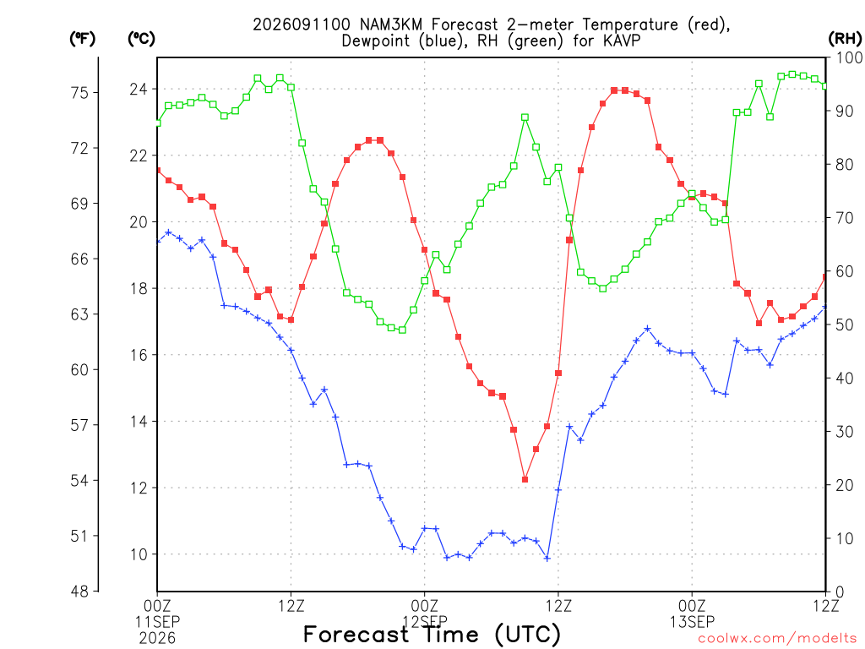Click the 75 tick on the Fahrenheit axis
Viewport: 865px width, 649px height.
[x=80, y=93]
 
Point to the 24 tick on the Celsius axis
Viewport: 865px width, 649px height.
[x=139, y=89]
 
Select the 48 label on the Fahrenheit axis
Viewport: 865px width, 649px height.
[x=80, y=592]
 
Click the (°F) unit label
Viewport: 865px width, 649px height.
[x=82, y=39]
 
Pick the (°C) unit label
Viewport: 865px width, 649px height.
[x=141, y=39]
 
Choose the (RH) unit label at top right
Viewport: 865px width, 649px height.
[x=845, y=39]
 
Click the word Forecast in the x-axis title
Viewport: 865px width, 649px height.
[x=356, y=634]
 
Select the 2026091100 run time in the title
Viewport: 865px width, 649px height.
[x=302, y=25]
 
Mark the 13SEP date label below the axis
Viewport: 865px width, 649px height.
[x=692, y=622]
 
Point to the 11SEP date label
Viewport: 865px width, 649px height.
[x=157, y=622]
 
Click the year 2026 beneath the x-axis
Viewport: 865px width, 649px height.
[x=157, y=639]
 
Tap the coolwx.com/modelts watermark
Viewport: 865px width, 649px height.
[x=777, y=639]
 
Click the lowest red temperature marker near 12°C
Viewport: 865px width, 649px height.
[x=525, y=480]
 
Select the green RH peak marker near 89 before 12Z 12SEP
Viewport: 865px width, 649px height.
[x=525, y=117]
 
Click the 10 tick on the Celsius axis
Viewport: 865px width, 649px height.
[x=139, y=554]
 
